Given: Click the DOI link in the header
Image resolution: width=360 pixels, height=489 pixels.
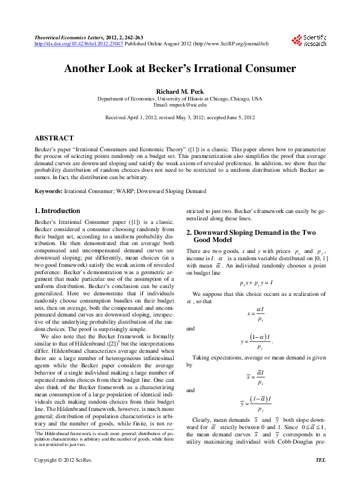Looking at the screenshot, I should pos(79,44).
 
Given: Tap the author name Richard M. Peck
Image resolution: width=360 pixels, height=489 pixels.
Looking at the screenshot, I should pos(180,91).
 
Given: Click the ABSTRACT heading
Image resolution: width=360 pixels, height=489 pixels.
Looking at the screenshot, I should pos(54,138).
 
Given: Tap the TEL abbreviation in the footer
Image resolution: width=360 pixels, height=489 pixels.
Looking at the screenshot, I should pos(321,477).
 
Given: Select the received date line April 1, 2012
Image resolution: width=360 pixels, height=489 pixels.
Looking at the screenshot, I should pos(180,117).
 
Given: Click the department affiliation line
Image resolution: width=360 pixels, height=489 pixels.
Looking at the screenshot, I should pos(180,98).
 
